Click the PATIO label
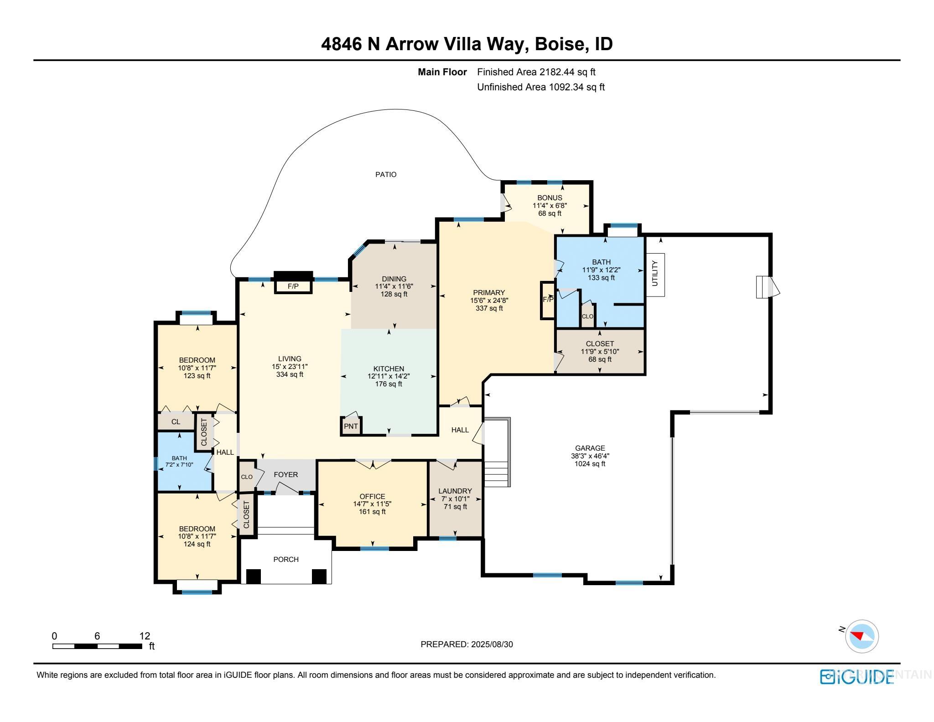tap(385, 174)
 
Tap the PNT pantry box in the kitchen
tap(351, 426)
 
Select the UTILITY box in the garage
tap(655, 274)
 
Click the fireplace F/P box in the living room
tap(293, 286)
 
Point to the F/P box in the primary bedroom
tap(547, 300)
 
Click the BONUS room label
tap(550, 197)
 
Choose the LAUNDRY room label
tap(455, 491)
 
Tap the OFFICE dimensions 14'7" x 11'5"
tap(372, 504)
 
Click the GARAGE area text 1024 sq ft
tap(590, 464)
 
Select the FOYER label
tap(286, 474)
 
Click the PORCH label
tap(286, 559)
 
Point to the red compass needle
tap(857, 636)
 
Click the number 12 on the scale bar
tap(145, 636)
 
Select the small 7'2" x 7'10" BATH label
tap(179, 461)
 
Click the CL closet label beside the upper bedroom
tap(176, 421)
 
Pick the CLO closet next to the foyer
tap(247, 477)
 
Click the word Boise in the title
tap(559, 44)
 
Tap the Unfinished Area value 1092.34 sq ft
tap(576, 87)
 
